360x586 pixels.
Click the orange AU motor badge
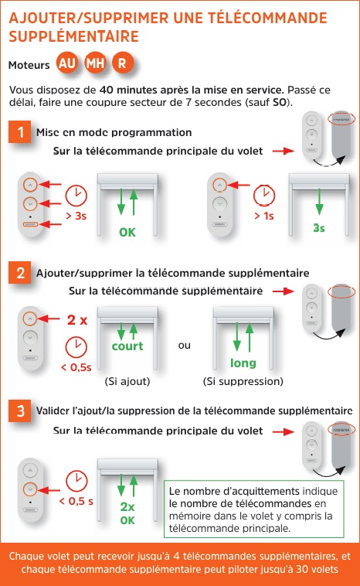(x=67, y=63)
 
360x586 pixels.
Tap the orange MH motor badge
(x=96, y=63)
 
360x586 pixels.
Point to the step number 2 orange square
(x=19, y=273)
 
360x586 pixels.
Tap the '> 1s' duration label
(x=264, y=216)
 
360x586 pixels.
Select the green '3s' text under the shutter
(x=319, y=229)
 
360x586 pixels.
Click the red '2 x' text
(x=76, y=319)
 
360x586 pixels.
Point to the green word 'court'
(x=127, y=347)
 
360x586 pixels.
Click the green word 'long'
(x=243, y=363)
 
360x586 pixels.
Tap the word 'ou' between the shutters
(x=184, y=346)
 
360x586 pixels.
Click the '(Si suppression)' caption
(x=243, y=381)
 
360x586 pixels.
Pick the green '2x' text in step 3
(x=127, y=507)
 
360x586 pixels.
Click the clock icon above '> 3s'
(x=76, y=195)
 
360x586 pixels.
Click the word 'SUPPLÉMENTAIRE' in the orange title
(x=73, y=36)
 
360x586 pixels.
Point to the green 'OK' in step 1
(x=127, y=232)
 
